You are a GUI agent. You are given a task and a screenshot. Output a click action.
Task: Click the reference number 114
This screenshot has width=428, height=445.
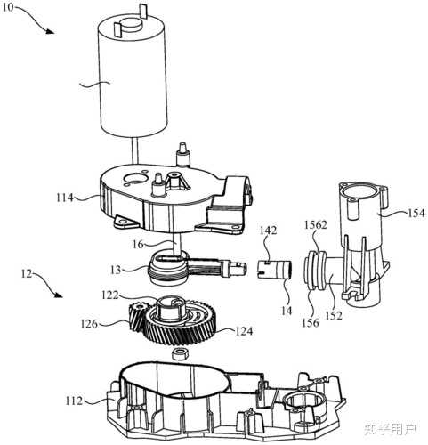[65, 197]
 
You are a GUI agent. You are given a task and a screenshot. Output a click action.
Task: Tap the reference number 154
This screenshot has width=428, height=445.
[416, 213]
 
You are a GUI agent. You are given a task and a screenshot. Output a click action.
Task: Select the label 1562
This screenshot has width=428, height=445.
[316, 225]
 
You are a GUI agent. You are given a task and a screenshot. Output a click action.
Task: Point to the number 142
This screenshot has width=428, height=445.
[268, 231]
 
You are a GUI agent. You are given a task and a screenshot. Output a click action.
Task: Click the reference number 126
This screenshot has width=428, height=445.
[89, 324]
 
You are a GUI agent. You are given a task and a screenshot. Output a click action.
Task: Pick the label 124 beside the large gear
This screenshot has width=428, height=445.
[244, 330]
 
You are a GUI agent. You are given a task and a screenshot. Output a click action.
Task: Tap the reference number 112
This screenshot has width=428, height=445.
[74, 400]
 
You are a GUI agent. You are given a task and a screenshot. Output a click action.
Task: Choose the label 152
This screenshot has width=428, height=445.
[334, 316]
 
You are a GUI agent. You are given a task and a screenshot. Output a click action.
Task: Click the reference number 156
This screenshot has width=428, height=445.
[311, 322]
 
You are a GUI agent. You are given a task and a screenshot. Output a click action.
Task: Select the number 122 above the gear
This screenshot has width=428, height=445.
[110, 295]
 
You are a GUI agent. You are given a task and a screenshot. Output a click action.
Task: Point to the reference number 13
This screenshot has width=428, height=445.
[116, 270]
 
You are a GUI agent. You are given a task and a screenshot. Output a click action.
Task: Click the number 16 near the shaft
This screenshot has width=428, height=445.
[138, 244]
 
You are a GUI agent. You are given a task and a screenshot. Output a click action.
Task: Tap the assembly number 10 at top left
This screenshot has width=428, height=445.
[8, 6]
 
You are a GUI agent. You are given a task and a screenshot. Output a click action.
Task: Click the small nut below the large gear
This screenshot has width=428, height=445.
[179, 353]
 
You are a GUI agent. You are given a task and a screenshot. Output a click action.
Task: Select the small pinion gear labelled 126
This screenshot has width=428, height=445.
[137, 317]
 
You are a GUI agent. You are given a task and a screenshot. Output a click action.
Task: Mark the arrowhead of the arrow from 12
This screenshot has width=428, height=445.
[59, 295]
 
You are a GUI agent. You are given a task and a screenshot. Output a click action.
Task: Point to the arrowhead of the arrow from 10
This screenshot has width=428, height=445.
[51, 31]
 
